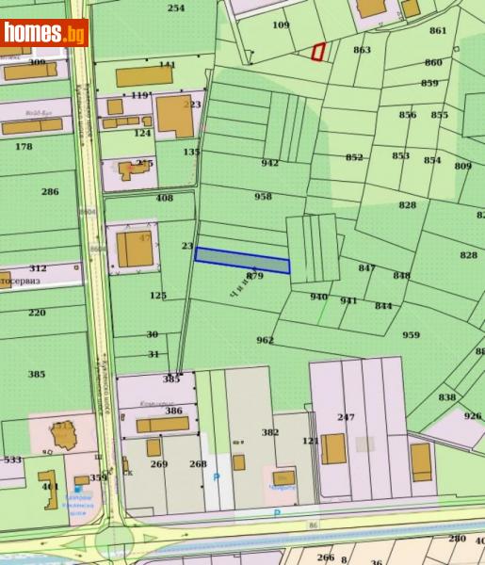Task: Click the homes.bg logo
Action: point(44,33)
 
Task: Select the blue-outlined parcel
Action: point(242,260)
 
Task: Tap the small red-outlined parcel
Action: point(319,52)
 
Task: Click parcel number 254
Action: point(176,8)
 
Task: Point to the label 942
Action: point(270,163)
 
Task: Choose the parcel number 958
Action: point(263,197)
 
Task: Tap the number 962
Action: point(265,340)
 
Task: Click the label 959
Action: point(411,335)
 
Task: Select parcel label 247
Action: point(346,417)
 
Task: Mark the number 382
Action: point(270,432)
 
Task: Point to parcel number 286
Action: point(50,192)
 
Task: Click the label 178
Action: point(24,147)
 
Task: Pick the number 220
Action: point(37,313)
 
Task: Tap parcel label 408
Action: point(165,198)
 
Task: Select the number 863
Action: point(362,50)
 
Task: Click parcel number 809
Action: point(462,167)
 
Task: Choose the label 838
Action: point(446,396)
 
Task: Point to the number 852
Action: point(354,157)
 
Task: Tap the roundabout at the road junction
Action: point(114,543)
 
